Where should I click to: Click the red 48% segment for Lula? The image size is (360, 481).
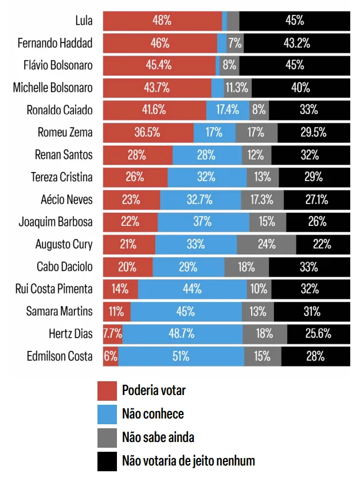163,21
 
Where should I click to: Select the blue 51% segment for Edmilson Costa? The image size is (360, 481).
181,356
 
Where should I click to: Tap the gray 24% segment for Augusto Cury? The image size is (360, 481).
267,244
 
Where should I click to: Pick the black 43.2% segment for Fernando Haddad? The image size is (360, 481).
297,43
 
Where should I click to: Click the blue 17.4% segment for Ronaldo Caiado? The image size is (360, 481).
228,110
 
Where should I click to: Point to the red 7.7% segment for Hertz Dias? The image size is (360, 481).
112,334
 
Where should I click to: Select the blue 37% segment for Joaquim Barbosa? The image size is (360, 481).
204,222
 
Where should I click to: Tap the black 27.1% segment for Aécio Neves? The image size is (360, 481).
317,200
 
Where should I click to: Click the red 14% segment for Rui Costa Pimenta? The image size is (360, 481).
120,289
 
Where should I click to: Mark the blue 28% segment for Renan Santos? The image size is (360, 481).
207,155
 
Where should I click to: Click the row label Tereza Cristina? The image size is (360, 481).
62,177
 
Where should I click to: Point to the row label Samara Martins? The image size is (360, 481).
59,311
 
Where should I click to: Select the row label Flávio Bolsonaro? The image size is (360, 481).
58,65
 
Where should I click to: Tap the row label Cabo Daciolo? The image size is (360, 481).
64,267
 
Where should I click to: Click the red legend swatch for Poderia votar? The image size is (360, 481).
107,391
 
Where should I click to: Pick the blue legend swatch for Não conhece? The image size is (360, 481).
107,414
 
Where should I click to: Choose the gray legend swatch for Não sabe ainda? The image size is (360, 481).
107,438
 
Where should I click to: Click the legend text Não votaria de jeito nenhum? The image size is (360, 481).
189,461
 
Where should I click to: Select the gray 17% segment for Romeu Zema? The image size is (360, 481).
256,132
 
